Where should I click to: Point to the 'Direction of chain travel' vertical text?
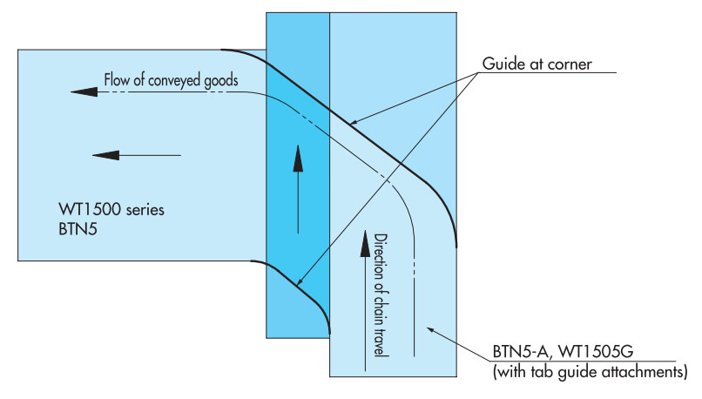point(380,296)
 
